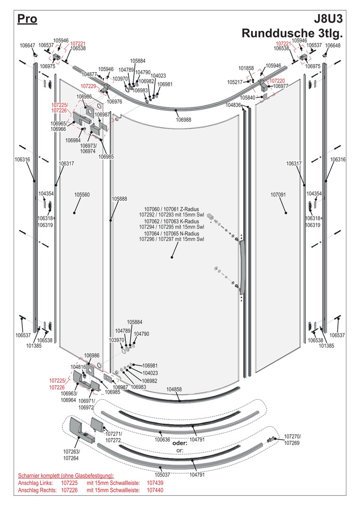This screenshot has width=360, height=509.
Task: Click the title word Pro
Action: point(27,19)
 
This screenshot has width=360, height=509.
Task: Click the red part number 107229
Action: point(88,86)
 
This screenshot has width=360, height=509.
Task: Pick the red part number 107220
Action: point(278,81)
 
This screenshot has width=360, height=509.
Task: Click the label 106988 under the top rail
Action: point(184,120)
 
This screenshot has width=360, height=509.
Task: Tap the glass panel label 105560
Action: point(82,195)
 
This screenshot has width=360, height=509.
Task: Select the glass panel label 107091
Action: point(278,195)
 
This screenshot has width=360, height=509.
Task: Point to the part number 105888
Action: point(119,199)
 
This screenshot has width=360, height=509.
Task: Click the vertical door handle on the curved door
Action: point(242,269)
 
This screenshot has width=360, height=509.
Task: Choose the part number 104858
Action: point(174,389)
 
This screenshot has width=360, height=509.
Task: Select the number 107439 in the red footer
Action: point(155,483)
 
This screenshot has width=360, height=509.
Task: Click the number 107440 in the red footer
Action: point(155,490)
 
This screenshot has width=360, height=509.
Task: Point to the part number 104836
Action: point(233,105)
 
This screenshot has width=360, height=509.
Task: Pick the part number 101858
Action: point(246,68)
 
